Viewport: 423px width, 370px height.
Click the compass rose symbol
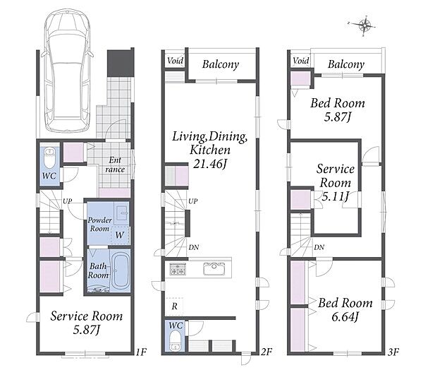(x=364, y=26)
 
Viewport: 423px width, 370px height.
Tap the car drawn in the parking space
(x=67, y=71)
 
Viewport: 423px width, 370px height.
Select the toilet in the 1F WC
(x=49, y=158)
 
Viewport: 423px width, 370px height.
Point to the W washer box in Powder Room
(x=120, y=235)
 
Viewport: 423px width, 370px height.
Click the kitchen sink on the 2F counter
(x=214, y=269)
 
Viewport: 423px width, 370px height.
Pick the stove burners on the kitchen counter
(x=178, y=269)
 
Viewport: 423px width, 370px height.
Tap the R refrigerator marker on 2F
(x=174, y=306)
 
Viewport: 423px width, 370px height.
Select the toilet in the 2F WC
(x=176, y=340)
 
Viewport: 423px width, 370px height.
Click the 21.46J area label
(x=209, y=164)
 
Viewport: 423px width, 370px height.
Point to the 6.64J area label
(x=345, y=317)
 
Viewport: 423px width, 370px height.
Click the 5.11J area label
(x=336, y=196)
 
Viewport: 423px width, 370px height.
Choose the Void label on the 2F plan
(x=175, y=61)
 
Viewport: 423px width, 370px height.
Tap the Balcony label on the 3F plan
(x=346, y=64)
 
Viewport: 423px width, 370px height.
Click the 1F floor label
(x=141, y=352)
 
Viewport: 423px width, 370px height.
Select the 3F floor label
(x=393, y=352)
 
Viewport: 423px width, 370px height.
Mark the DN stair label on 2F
(x=193, y=247)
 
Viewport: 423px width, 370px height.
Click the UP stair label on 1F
(x=68, y=201)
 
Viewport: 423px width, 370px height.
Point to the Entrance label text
(x=115, y=165)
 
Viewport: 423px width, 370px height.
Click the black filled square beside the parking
(x=121, y=63)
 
